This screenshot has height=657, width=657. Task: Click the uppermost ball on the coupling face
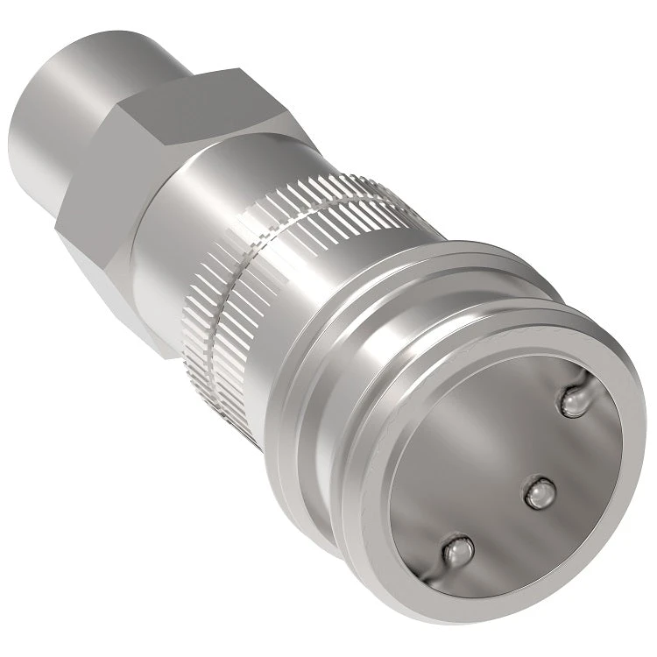tap(576, 402)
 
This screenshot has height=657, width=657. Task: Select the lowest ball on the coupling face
tap(457, 552)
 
